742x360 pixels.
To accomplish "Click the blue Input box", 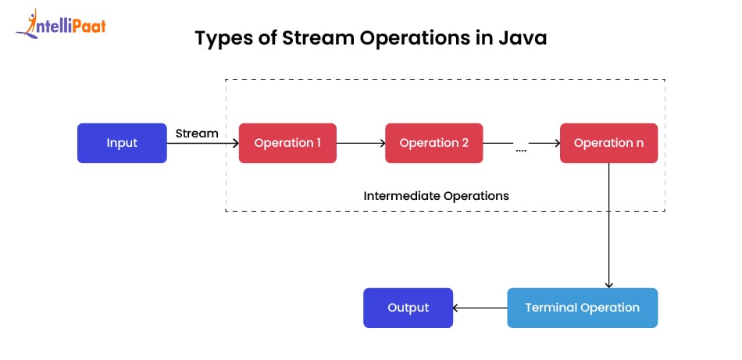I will [x=122, y=143].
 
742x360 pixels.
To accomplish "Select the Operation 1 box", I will [x=287, y=143].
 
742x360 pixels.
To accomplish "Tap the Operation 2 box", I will [x=433, y=143].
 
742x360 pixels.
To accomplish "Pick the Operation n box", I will [x=608, y=143].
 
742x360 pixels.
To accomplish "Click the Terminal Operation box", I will [x=582, y=308].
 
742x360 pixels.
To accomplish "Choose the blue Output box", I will [x=408, y=308].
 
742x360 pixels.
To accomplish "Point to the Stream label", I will [x=196, y=134].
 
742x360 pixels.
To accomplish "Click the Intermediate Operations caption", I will [x=436, y=196].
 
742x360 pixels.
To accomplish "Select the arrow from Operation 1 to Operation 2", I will [x=361, y=143].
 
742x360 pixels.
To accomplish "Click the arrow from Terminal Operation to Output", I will [x=480, y=308].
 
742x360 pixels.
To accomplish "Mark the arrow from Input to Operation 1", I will [x=202, y=144].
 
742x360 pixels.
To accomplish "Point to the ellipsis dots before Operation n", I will [x=521, y=148].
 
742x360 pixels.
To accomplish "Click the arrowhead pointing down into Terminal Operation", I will [x=609, y=284].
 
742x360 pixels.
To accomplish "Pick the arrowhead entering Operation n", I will [x=555, y=143].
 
